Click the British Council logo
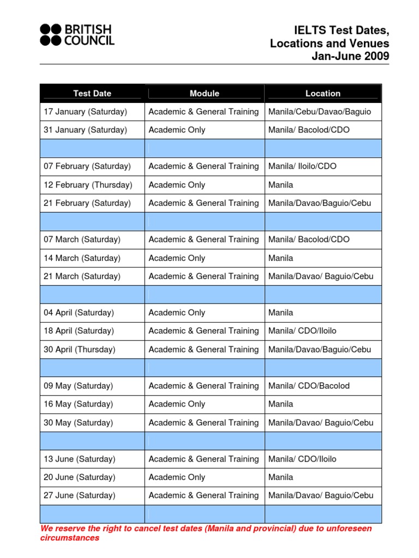(76, 34)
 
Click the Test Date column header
(92, 93)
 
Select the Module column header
(205, 93)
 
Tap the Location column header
(323, 93)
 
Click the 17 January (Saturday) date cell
(85, 112)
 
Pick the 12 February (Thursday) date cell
(88, 185)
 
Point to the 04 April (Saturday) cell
(79, 313)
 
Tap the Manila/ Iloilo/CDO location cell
(302, 166)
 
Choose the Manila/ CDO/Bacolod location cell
(309, 386)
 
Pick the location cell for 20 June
(280, 477)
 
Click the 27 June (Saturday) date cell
(80, 495)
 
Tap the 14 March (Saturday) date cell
(82, 258)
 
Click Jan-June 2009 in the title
(350, 56)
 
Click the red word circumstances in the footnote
(70, 538)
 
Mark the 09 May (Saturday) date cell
(79, 386)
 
